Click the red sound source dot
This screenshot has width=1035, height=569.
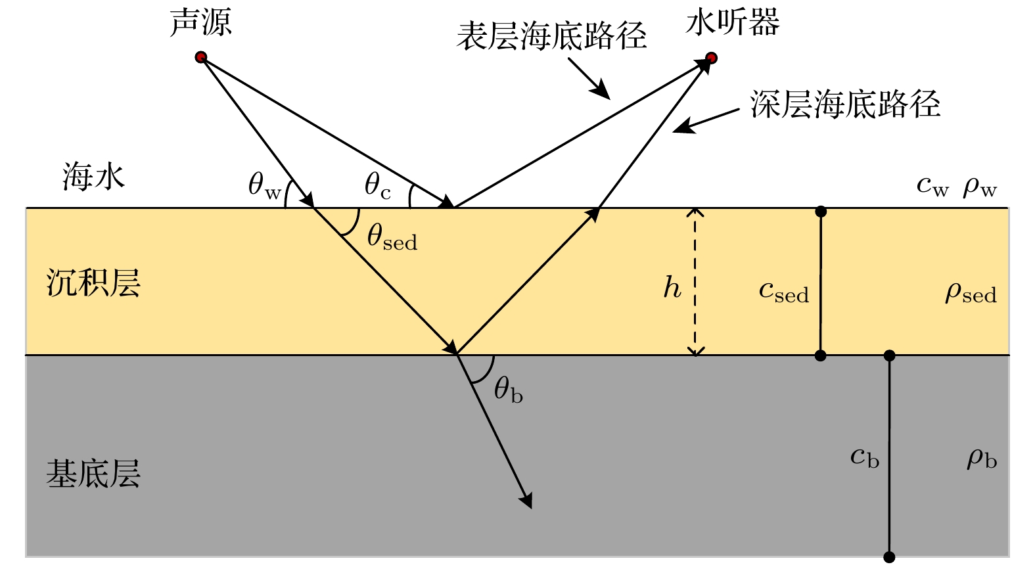pyautogui.click(x=201, y=57)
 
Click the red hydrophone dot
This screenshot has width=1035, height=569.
pyautogui.click(x=711, y=58)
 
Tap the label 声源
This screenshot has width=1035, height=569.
pyautogui.click(x=200, y=23)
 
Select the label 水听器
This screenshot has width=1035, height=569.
pyautogui.click(x=732, y=23)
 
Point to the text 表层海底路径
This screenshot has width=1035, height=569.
pyautogui.click(x=551, y=36)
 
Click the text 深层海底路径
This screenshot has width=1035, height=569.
pyautogui.click(x=845, y=104)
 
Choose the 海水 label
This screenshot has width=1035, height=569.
pyautogui.click(x=93, y=177)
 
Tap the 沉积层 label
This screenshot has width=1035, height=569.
pyautogui.click(x=93, y=284)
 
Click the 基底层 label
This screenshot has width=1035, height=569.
pyautogui.click(x=93, y=474)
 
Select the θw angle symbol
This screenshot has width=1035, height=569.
pyautogui.click(x=264, y=185)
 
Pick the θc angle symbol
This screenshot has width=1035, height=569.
pyautogui.click(x=377, y=185)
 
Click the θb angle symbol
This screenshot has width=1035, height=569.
pyautogui.click(x=508, y=390)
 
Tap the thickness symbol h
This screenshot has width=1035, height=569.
pyautogui.click(x=672, y=288)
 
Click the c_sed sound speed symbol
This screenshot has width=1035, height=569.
pyautogui.click(x=783, y=291)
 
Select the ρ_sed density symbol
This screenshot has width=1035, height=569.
pyautogui.click(x=971, y=292)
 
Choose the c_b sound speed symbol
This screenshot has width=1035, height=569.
pyautogui.click(x=864, y=457)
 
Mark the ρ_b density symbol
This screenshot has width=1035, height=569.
pyautogui.click(x=982, y=458)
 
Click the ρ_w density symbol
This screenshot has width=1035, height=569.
pyautogui.click(x=980, y=187)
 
